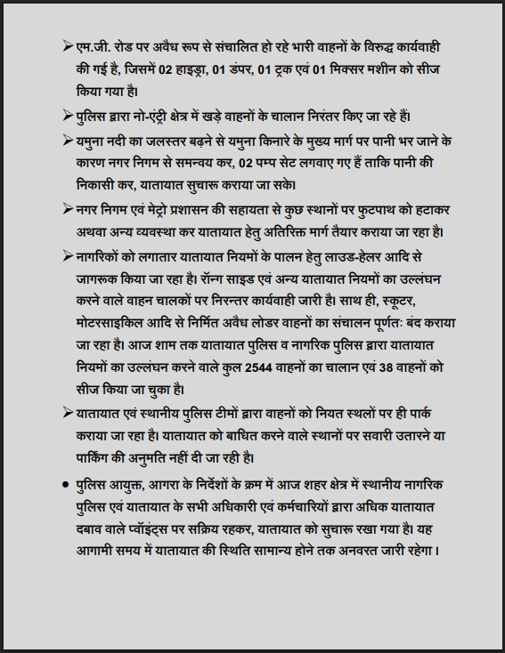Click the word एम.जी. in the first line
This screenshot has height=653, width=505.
(92, 45)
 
